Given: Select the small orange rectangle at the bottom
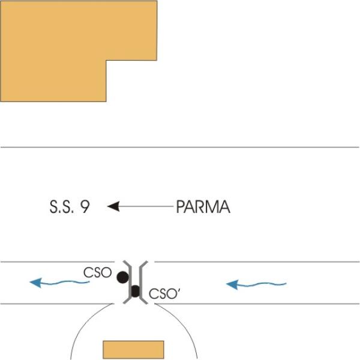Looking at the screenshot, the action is pos(133,350).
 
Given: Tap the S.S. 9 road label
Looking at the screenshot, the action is pos(70,206).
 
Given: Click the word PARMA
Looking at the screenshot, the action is pos(203,206).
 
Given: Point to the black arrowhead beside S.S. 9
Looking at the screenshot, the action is pos(113,206).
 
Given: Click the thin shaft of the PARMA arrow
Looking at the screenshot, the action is pos(146,206).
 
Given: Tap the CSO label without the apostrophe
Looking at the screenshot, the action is pos(98,272).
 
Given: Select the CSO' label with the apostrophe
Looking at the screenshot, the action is pos(164,293).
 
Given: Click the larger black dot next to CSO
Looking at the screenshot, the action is pos(122,277).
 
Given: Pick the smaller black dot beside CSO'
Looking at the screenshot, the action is pos(135,292).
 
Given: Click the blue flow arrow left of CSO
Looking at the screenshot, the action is pos(59,283).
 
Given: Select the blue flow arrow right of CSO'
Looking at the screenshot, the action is pos(256,284).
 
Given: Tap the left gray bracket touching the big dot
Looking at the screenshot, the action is pos(130,283).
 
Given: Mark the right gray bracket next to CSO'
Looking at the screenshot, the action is pos(140,283).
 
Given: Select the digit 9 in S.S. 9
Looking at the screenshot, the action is pos(85,206).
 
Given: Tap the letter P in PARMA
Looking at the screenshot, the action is pos(181,206).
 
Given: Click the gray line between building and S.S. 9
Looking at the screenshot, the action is pos(180,147).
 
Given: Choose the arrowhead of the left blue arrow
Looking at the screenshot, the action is pos(36,283).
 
